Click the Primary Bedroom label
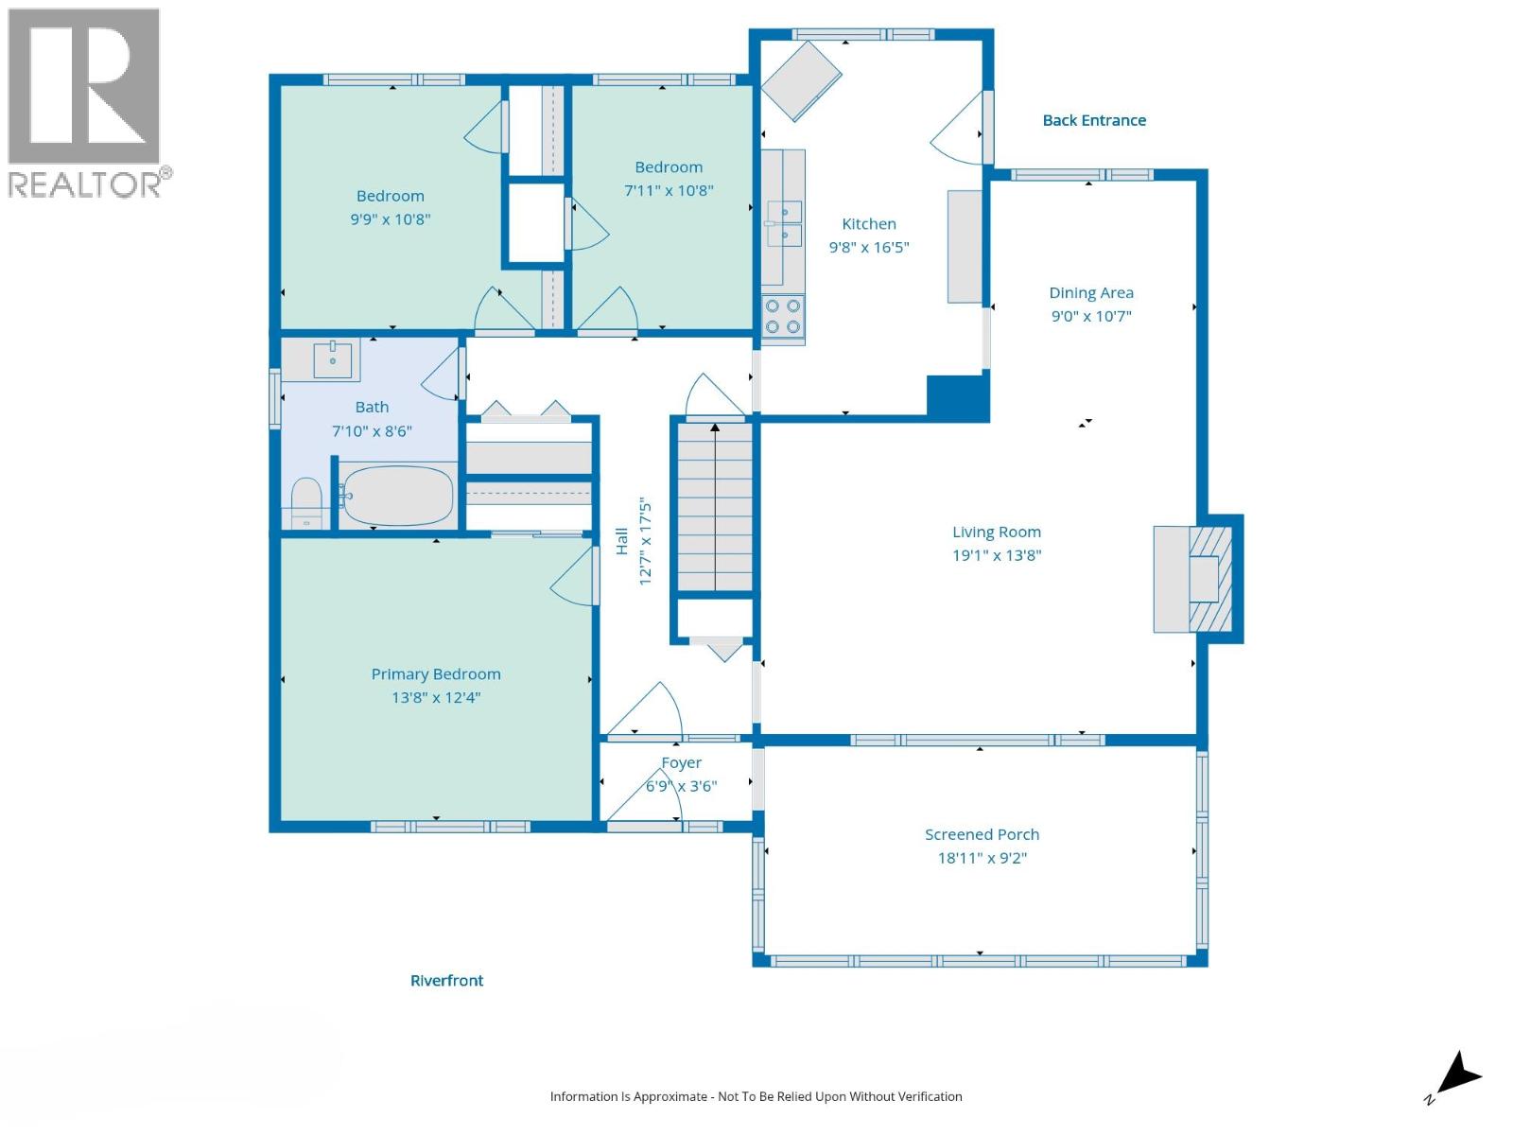click(x=436, y=674)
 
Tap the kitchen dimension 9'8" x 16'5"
click(x=869, y=247)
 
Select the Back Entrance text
click(x=1094, y=120)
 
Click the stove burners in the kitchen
click(x=783, y=317)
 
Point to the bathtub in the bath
click(x=397, y=496)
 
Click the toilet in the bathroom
click(x=306, y=501)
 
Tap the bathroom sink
click(x=332, y=360)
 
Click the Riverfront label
click(x=446, y=981)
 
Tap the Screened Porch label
click(x=982, y=834)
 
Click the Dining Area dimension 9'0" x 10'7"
click(x=1091, y=316)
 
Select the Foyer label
click(x=681, y=762)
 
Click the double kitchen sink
click(x=784, y=223)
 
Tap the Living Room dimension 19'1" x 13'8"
click(x=997, y=555)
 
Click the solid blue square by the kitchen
click(x=958, y=398)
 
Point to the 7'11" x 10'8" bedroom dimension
click(x=669, y=190)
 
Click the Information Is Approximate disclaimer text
click(x=756, y=1096)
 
